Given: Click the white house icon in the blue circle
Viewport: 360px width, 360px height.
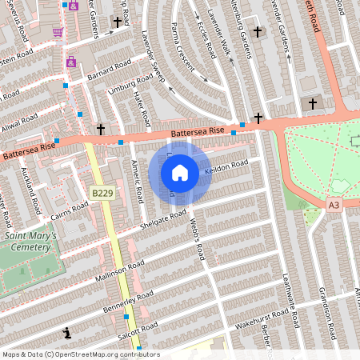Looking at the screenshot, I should point(180,173).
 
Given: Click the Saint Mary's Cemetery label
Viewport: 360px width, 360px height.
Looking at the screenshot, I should point(30,242).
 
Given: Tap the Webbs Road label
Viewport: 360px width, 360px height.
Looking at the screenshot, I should point(198,241).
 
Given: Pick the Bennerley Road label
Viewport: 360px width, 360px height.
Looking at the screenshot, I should point(128,303).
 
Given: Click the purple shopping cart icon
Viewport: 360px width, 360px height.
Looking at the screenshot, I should point(58,32).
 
